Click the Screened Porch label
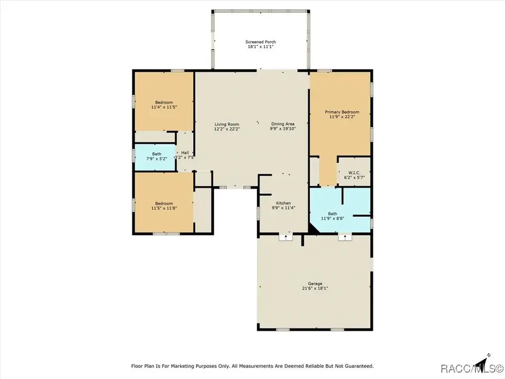coord(260,42)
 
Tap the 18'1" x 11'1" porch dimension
coord(260,47)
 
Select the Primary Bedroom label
coord(342,112)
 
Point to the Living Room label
coord(227,124)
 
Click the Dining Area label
coord(283,124)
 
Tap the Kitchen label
coord(283,203)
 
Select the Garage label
coord(315,284)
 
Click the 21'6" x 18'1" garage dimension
coord(315,289)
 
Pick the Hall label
coord(185,153)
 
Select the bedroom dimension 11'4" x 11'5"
coord(164,107)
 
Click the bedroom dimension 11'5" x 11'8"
coord(164,208)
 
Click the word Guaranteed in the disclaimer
coord(357,366)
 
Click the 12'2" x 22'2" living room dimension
coord(227,129)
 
